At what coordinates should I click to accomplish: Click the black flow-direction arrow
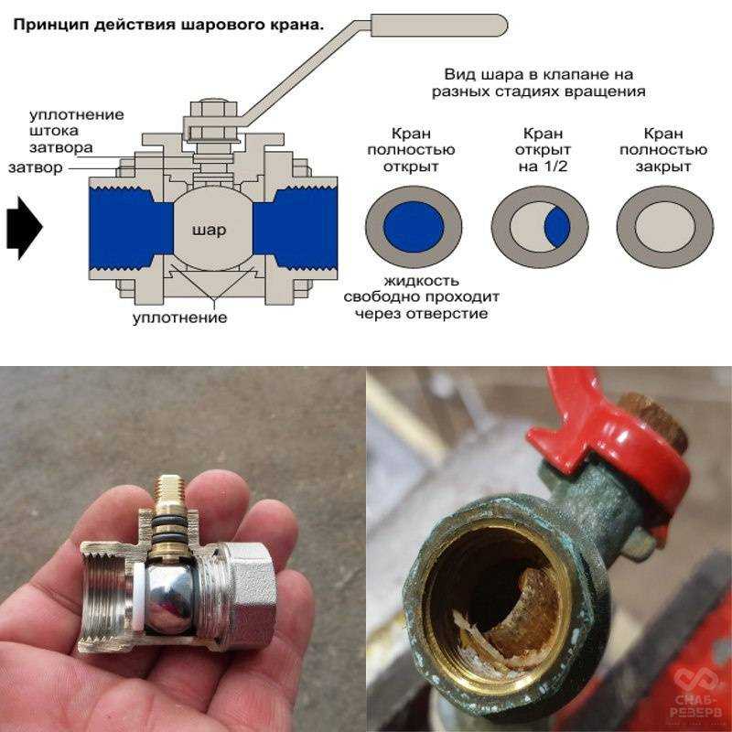click(25, 228)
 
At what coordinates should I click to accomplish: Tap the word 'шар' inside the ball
click(209, 231)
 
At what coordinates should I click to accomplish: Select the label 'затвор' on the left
click(36, 167)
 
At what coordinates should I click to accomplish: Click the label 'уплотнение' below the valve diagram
click(179, 318)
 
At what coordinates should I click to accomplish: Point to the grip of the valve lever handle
click(439, 26)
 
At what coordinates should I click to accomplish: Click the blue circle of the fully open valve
click(414, 227)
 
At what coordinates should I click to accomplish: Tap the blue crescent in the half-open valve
click(557, 227)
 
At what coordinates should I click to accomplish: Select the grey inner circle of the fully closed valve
click(665, 227)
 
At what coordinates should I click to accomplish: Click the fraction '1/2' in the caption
click(555, 167)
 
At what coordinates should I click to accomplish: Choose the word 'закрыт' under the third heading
click(662, 167)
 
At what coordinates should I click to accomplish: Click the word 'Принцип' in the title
click(51, 25)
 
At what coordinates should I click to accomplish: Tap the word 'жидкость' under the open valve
click(422, 281)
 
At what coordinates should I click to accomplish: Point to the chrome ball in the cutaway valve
click(169, 598)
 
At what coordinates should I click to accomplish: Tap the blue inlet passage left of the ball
click(131, 228)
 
